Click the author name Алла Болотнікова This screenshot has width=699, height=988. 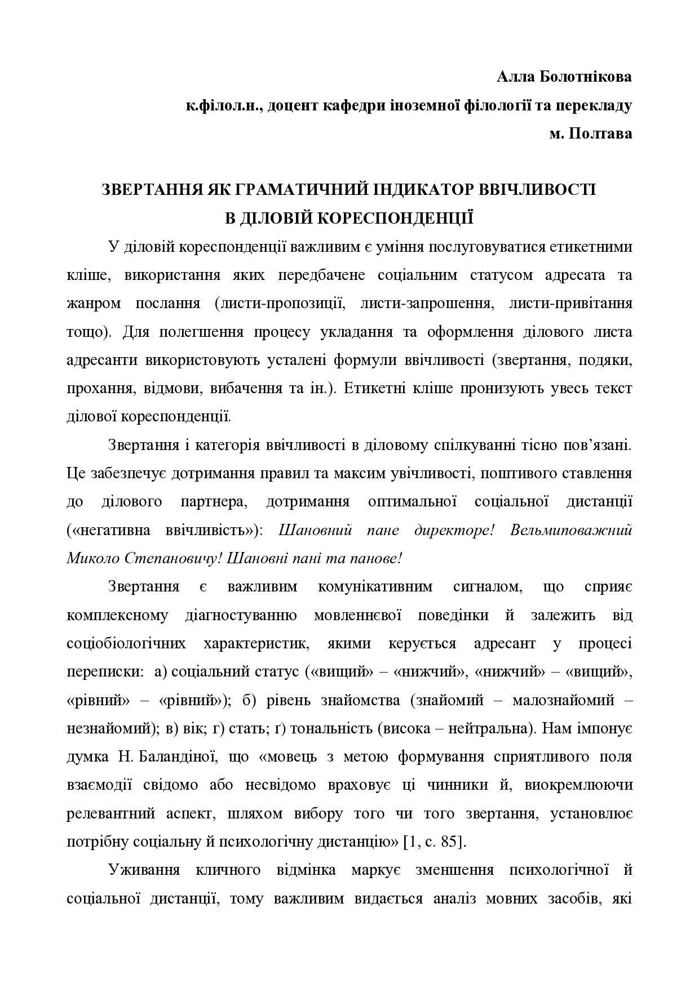[564, 77]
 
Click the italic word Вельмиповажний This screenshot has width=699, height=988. [571, 530]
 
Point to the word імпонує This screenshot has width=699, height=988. [605, 728]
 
